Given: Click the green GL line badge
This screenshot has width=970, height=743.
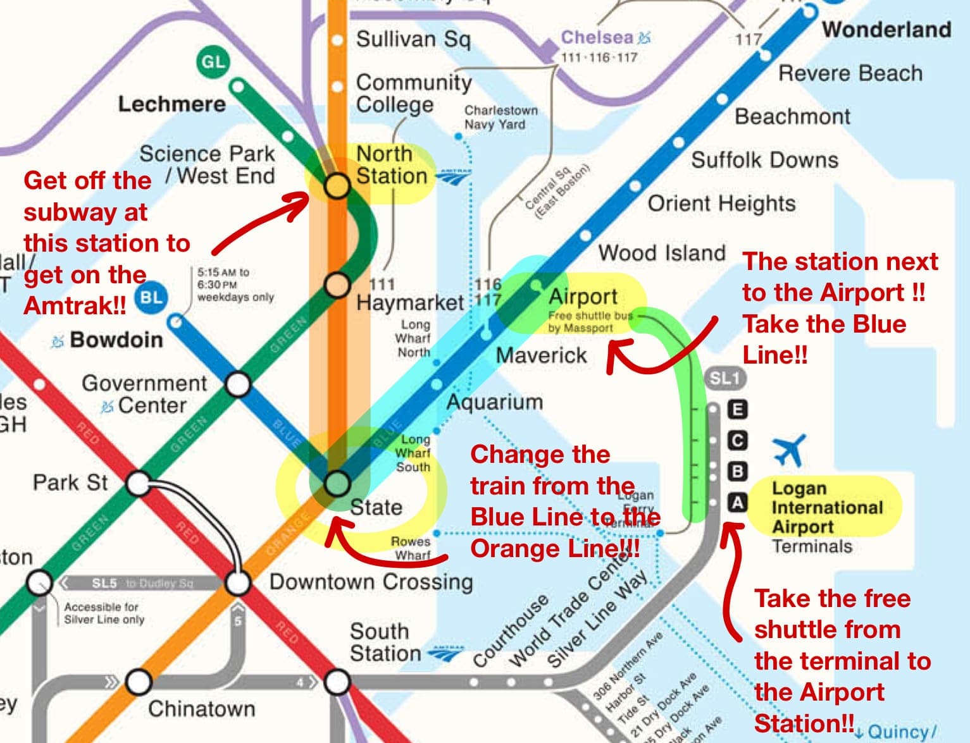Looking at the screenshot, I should click(x=213, y=62).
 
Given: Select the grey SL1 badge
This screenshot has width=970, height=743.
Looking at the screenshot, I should click(x=724, y=379).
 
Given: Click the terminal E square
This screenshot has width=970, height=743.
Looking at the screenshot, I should click(x=737, y=409).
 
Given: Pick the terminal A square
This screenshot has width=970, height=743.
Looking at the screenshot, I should click(x=737, y=503).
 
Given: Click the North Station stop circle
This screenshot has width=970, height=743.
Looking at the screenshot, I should click(x=337, y=185).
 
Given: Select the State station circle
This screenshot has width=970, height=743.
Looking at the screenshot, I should click(x=337, y=484).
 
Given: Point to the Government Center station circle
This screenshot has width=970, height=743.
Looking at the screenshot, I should click(x=238, y=384).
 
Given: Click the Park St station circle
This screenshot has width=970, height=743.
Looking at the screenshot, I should click(x=138, y=484).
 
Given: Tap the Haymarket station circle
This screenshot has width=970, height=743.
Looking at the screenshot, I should click(x=337, y=285).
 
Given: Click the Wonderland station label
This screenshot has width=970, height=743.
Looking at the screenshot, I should click(x=886, y=30).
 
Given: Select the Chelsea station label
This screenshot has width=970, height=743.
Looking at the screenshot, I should click(x=597, y=38).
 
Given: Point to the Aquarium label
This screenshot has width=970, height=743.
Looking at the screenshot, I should click(x=495, y=402).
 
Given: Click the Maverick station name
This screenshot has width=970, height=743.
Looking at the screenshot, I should click(x=541, y=355).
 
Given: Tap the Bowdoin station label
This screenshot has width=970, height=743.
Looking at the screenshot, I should click(x=116, y=340).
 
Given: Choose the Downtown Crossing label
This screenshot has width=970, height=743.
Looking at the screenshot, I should click(x=371, y=582).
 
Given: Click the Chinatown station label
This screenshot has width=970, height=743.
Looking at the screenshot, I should click(x=201, y=709).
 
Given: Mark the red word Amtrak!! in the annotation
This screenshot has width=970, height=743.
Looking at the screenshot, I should click(x=75, y=306).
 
